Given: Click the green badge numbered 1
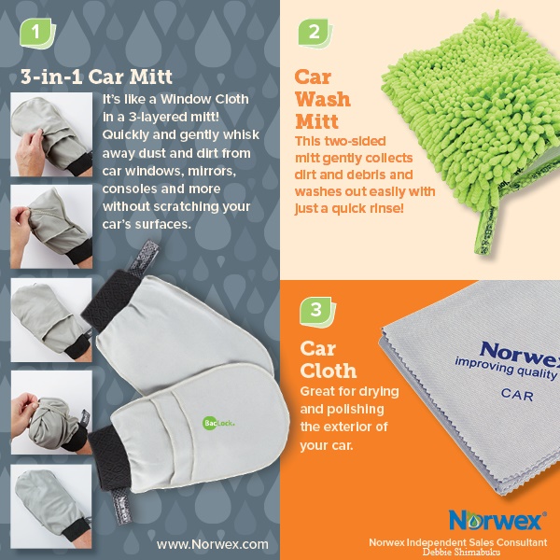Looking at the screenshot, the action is [x=37, y=34].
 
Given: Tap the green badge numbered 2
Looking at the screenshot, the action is [x=315, y=33].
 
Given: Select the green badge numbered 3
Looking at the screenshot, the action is [x=317, y=311].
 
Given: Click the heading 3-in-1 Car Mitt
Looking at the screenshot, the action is [x=96, y=77].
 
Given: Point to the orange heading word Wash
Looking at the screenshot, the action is [x=323, y=99].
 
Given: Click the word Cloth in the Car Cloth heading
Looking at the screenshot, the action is [x=329, y=371].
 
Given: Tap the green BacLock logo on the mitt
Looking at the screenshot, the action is [x=218, y=423].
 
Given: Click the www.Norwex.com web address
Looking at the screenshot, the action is [x=213, y=544].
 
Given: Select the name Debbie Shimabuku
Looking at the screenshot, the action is [x=461, y=553].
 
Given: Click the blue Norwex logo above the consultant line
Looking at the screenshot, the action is [x=497, y=520].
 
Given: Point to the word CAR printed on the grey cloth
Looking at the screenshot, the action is [x=517, y=395].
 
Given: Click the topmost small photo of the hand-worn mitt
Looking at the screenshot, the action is [x=51, y=134].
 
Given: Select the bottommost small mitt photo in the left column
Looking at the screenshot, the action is [x=51, y=507].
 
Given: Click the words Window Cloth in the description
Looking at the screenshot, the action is [x=204, y=99].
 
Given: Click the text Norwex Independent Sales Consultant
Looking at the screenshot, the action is [x=458, y=542].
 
